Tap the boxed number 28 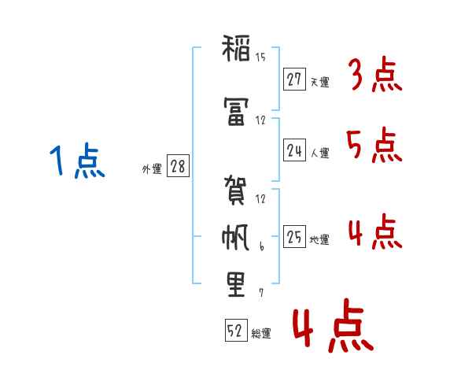pos(177,166)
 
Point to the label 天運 pos(319,81)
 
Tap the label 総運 pos(261,333)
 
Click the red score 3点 pos(376,76)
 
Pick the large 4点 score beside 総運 pos(333,328)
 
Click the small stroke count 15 pos(260,57)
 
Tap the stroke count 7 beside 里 pos(260,293)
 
